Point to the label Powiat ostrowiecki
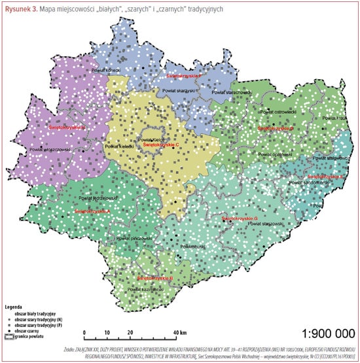click(x=279, y=112)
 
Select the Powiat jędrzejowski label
click(x=98, y=197)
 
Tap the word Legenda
click(x=14, y=305)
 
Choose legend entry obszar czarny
click(x=25, y=332)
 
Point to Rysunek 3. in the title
click(x=22, y=7)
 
